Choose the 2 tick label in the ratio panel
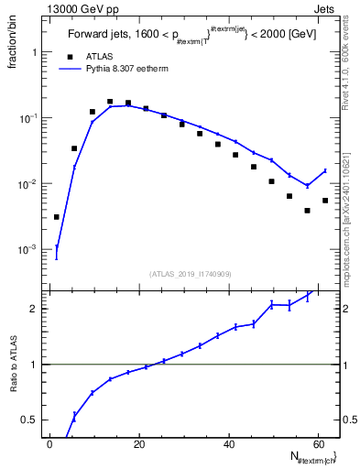[34, 309]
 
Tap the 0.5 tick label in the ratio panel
[30, 420]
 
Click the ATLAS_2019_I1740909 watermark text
[191, 273]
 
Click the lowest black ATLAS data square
[307, 211]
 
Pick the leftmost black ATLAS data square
[57, 217]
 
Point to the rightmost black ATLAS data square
[325, 201]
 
